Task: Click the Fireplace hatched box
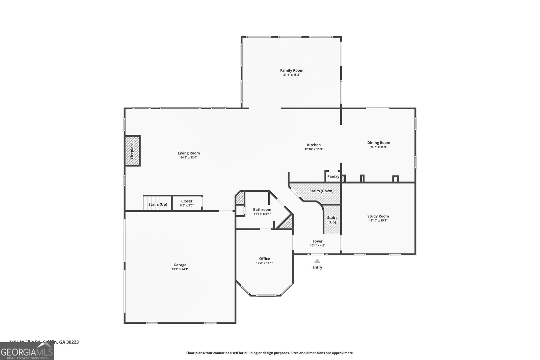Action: click(132, 150)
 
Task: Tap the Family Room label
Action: click(292, 71)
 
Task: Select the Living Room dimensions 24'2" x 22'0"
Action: click(189, 157)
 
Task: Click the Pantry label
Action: click(333, 176)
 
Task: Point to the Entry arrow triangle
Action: click(317, 261)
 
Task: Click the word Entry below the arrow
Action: click(317, 267)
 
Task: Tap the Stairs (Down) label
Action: click(321, 191)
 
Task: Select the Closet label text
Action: click(187, 201)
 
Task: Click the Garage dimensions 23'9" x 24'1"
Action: click(180, 269)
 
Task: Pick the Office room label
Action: click(264, 259)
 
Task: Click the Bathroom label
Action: click(262, 210)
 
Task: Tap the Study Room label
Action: click(378, 216)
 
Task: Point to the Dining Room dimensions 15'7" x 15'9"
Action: click(379, 147)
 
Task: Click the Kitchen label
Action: click(314, 145)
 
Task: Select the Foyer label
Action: click(317, 241)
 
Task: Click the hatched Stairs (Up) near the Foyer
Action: click(332, 220)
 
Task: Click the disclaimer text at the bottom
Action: click(270, 353)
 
